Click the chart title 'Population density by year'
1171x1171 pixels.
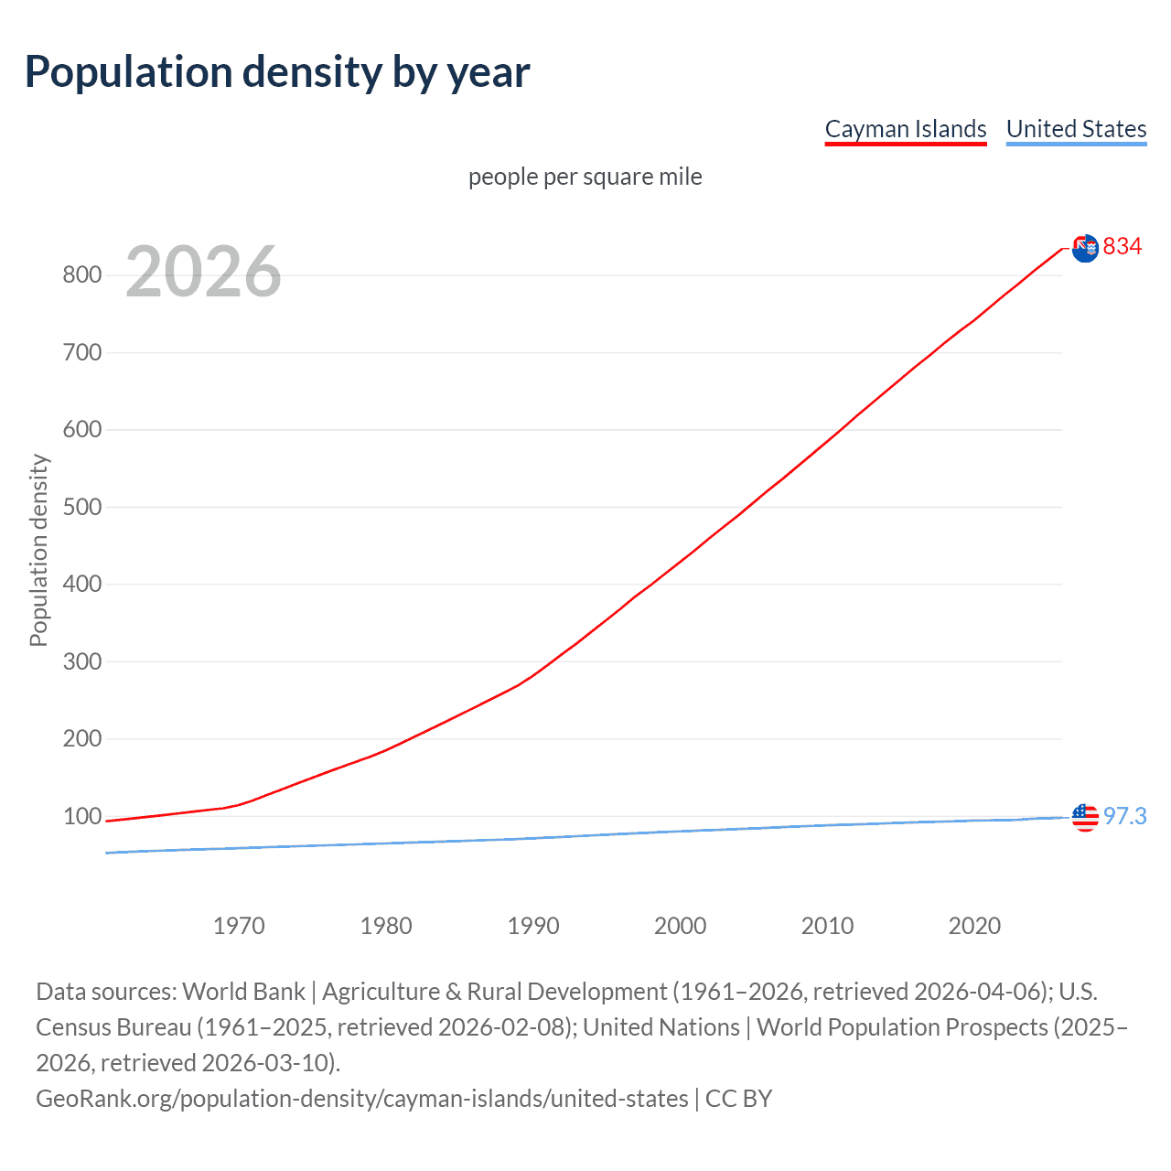click(x=277, y=72)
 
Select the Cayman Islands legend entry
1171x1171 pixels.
click(x=906, y=129)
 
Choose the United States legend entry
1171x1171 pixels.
click(x=1076, y=129)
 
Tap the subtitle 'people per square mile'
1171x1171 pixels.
click(x=585, y=177)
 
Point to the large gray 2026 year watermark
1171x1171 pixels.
click(x=203, y=272)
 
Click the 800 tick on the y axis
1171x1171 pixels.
click(x=82, y=274)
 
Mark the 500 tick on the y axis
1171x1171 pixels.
click(x=82, y=507)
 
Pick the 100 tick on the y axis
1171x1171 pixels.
click(x=82, y=816)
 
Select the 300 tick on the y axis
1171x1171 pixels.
click(x=82, y=661)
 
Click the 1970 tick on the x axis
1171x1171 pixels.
click(x=239, y=926)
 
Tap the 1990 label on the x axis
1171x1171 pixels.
click(x=533, y=926)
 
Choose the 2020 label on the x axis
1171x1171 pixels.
click(x=974, y=926)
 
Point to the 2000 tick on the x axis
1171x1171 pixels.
click(x=681, y=926)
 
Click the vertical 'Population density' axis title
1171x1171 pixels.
click(x=38, y=550)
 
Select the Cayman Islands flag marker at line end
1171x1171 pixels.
click(x=1085, y=248)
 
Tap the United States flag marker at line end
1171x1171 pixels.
click(x=1085, y=817)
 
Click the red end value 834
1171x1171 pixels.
click(x=1123, y=247)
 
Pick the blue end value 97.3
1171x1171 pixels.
click(x=1124, y=816)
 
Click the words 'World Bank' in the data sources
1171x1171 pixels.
click(x=243, y=992)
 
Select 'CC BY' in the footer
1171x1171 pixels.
click(x=739, y=1099)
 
